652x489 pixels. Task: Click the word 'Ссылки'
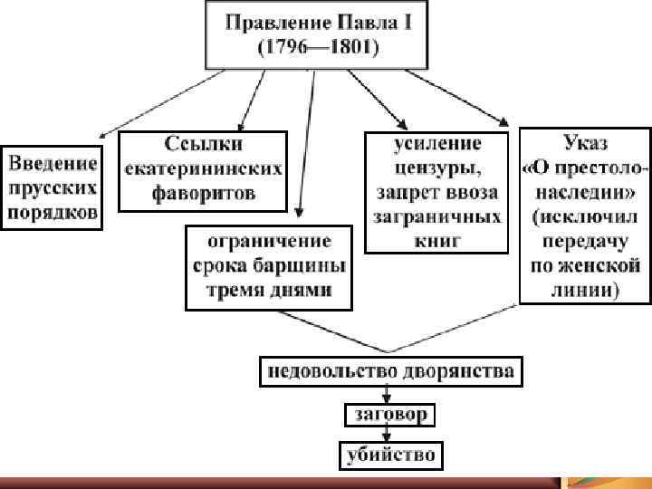click(202, 144)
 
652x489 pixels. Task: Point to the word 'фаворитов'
click(203, 193)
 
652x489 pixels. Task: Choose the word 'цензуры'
click(436, 168)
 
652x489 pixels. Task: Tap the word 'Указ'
click(584, 144)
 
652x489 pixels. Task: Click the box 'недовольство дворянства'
click(389, 371)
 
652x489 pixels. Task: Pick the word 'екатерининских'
click(203, 168)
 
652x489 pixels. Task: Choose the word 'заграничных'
click(436, 217)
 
